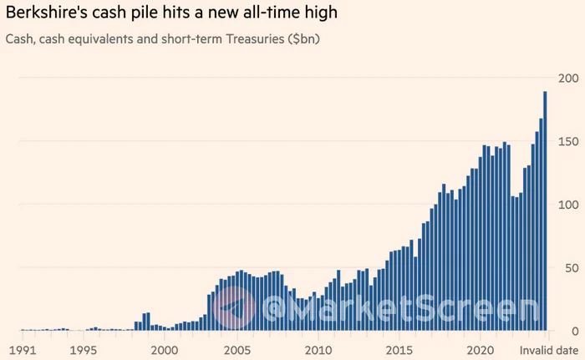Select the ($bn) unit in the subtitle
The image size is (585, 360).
(304, 39)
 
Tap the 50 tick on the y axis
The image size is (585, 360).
(570, 267)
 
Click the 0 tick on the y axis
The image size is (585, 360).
(573, 331)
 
